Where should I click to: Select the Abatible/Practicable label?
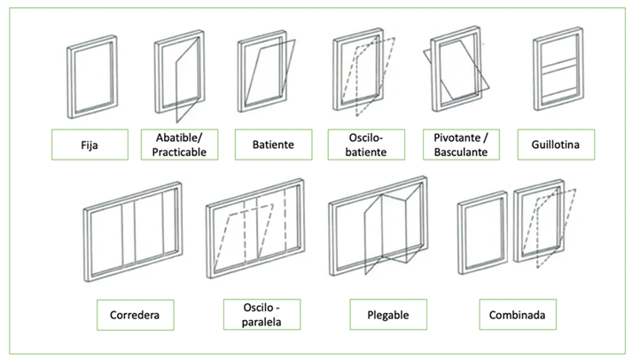click(x=180, y=145)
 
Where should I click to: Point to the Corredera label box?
click(x=136, y=314)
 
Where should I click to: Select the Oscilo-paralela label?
click(x=261, y=314)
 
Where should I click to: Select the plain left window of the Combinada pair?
click(x=481, y=232)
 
